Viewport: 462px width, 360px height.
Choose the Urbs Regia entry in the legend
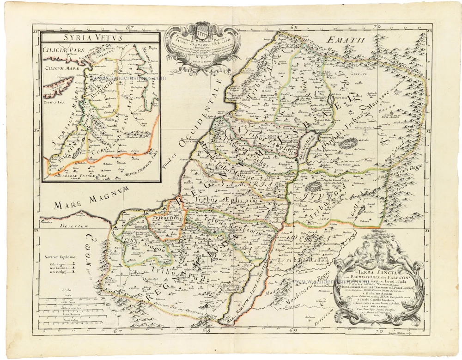point(55,264)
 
